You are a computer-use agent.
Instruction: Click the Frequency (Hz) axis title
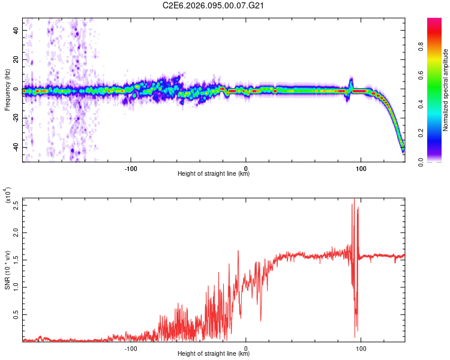7,90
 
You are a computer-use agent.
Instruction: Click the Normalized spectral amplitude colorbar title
446,90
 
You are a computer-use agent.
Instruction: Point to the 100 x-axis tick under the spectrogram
361,167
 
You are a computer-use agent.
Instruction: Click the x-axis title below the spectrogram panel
214,174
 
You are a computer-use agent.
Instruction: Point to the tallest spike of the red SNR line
354,199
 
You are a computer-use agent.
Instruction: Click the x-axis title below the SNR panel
214,354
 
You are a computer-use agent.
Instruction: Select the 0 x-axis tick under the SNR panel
246,347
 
